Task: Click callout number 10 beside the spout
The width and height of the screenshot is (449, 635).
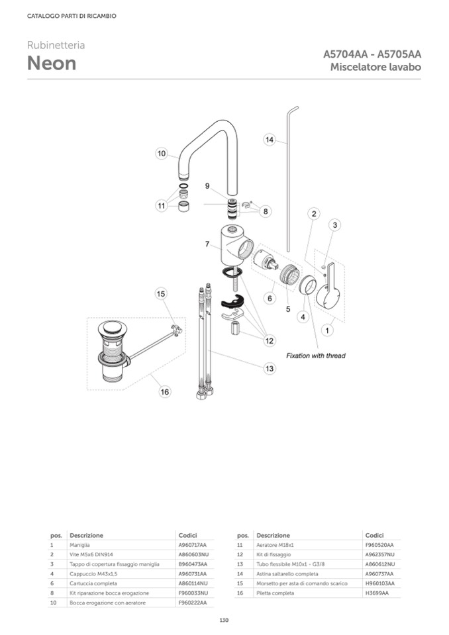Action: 162,154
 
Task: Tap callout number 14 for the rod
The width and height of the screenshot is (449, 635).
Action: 270,140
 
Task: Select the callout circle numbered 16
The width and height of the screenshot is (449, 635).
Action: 164,392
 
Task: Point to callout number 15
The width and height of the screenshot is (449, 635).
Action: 161,294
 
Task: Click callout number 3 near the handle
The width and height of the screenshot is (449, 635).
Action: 335,226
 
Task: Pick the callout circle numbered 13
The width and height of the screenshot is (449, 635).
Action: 270,368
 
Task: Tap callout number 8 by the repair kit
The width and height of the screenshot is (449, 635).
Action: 266,212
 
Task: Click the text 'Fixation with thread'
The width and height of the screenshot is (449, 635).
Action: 315,356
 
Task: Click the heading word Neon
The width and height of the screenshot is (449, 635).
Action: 52,64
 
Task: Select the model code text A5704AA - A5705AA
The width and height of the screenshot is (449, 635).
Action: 372,54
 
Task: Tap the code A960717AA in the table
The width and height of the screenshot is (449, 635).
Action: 193,544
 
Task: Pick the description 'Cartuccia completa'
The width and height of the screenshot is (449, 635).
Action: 93,583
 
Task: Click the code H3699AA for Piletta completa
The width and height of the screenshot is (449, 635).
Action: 377,593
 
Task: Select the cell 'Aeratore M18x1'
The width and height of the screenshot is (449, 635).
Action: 274,544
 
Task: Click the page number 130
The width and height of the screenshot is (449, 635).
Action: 224,620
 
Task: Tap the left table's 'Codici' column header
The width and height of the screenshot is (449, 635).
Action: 187,535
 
